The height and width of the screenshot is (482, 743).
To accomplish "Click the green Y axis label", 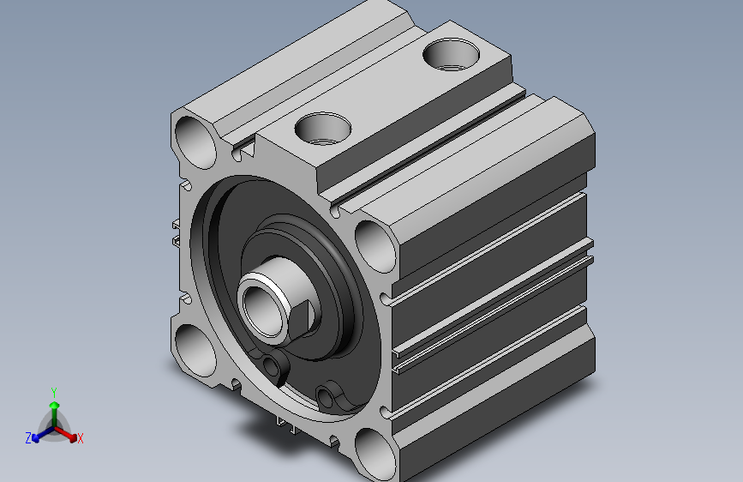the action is [54, 392].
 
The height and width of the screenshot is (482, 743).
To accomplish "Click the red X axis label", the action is [80, 439].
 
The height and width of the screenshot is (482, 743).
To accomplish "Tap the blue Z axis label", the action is [28, 438].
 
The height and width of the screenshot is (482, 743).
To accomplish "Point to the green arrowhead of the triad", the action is [55, 405].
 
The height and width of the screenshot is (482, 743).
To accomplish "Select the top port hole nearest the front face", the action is [323, 129].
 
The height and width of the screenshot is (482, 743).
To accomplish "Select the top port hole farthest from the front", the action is [451, 55].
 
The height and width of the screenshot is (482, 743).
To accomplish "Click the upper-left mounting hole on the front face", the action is [195, 142].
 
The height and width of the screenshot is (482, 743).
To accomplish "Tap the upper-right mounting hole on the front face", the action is [375, 247].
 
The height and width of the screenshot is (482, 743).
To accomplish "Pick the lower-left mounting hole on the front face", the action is [195, 351].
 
